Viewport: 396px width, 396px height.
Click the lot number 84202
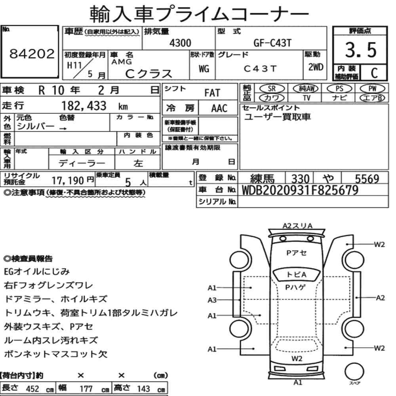tap(32, 54)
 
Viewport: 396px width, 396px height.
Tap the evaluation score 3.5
tap(361, 50)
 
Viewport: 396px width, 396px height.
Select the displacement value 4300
tap(180, 43)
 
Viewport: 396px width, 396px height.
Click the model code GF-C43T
tap(272, 43)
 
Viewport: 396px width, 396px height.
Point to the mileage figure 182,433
tap(84, 106)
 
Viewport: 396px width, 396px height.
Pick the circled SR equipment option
tap(272, 89)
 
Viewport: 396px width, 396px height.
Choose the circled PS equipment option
tap(339, 89)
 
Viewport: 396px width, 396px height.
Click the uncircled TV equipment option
tap(307, 98)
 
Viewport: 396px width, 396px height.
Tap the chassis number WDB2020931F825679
tap(300, 190)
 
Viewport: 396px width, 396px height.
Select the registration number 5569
tap(367, 179)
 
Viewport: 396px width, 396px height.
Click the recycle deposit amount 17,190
tap(68, 181)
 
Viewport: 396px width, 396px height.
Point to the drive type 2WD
tap(316, 67)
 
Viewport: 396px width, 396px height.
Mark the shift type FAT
tap(212, 93)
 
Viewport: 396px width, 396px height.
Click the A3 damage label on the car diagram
tap(212, 300)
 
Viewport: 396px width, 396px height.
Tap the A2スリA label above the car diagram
tap(297, 226)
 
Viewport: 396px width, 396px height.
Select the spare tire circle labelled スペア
tap(354, 372)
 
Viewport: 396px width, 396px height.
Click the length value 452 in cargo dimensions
tap(32, 389)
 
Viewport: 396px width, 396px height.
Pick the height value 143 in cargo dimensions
tap(143, 389)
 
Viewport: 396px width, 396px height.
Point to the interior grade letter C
tap(374, 73)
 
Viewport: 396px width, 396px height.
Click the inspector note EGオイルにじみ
tap(37, 272)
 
